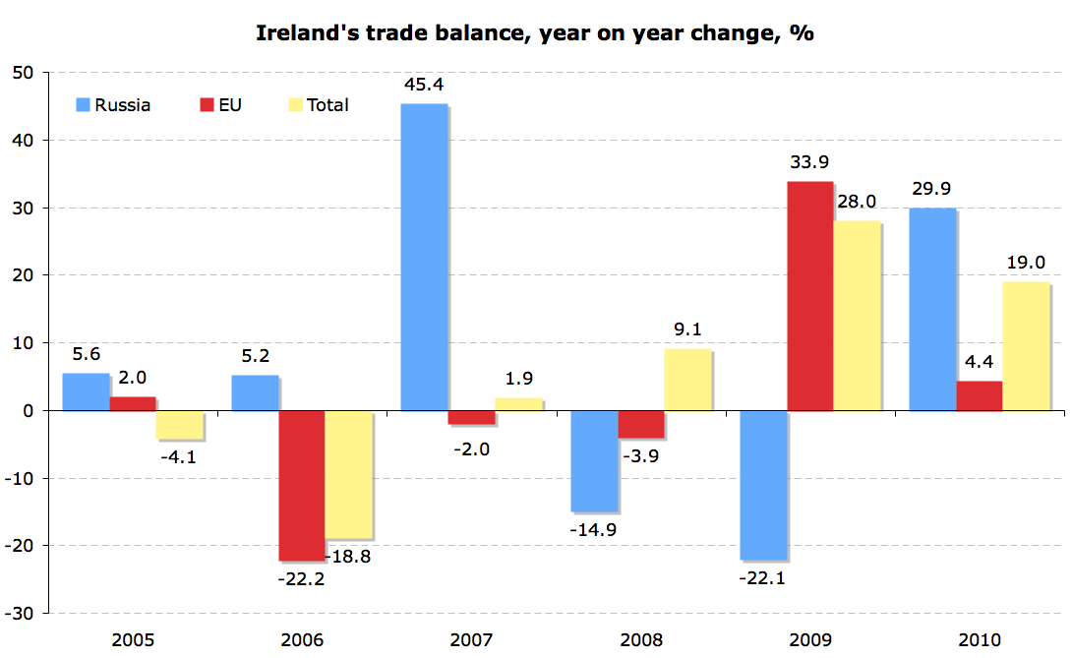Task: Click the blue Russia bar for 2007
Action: coord(424,257)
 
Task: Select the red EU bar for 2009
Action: coord(809,296)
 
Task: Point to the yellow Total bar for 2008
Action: coord(686,379)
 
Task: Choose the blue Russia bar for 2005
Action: coord(86,391)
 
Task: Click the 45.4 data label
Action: coord(423,85)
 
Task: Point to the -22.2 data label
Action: coord(301,578)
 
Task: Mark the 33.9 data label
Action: coord(809,162)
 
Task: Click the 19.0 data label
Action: coord(1026,263)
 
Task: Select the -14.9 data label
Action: coord(594,530)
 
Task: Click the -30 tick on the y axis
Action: coord(19,613)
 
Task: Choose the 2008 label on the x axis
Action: coord(640,640)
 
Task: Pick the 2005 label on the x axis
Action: coord(132,640)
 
